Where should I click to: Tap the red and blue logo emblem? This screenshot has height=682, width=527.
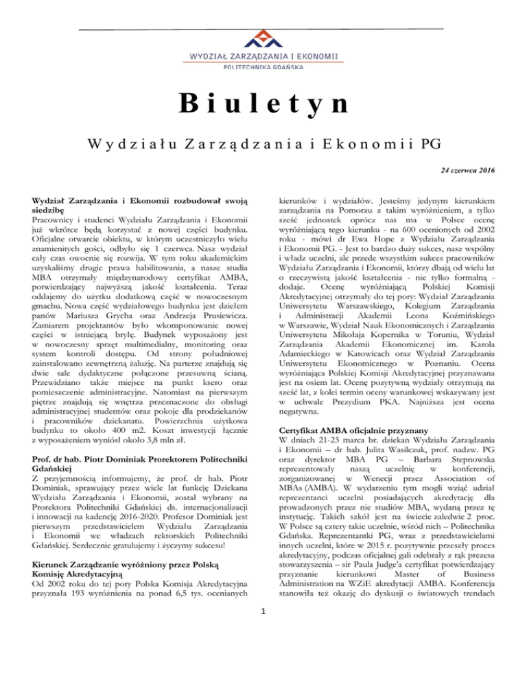tap(263, 40)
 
